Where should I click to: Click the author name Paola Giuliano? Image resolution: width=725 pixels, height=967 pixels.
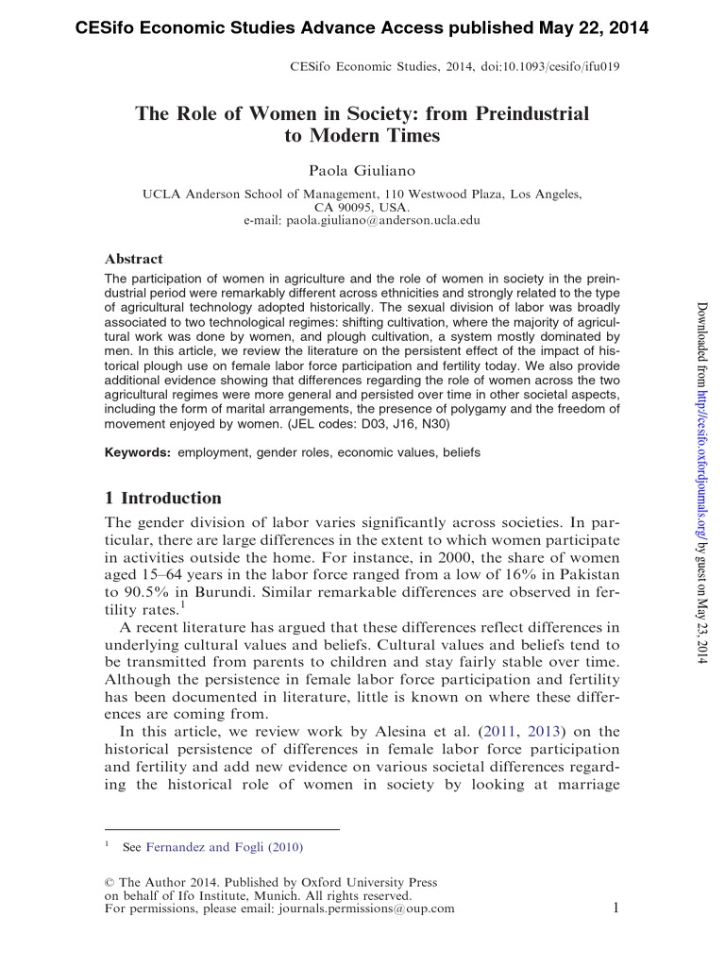point(362,169)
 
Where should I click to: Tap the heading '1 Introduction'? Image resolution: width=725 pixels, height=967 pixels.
point(162,499)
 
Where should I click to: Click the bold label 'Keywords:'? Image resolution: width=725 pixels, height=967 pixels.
point(137,452)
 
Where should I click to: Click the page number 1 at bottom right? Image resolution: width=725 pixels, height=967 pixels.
point(615,908)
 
